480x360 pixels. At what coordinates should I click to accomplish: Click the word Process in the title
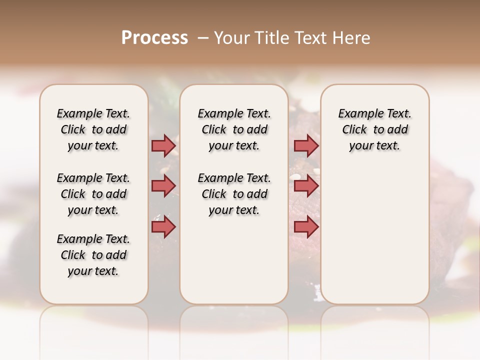(154, 38)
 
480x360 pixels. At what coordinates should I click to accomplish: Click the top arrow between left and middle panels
(163, 146)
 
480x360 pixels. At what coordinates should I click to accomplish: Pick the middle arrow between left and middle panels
(163, 186)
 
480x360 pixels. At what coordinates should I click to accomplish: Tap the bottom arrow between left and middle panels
(163, 226)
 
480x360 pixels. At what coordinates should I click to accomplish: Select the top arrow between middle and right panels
(306, 146)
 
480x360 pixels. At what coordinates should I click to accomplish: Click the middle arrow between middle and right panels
(306, 186)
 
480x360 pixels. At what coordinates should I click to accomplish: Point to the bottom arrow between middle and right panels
(306, 226)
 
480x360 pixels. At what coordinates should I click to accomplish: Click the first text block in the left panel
(93, 129)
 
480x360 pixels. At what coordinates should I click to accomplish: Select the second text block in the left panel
(93, 194)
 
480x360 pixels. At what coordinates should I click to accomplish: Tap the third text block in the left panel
(93, 255)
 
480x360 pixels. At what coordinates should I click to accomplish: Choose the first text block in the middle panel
(234, 129)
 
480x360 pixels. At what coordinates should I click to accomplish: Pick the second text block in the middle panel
(234, 194)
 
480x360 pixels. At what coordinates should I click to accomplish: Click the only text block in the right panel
(374, 129)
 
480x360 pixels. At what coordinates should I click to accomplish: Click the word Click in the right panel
(354, 130)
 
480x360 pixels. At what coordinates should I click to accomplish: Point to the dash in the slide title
(203, 38)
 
